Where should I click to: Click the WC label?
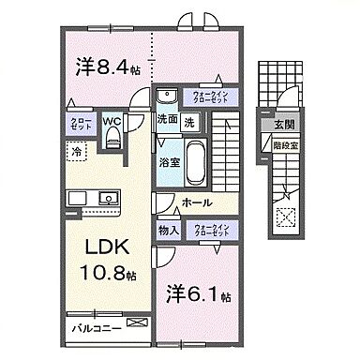click(112, 121)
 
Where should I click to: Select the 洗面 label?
click(167, 121)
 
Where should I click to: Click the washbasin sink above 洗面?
click(169, 97)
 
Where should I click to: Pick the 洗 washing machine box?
click(189, 121)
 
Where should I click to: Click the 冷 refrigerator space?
click(73, 150)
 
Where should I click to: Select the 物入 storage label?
click(168, 230)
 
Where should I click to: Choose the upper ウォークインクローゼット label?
click(216, 97)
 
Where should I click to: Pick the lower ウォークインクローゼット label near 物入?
click(216, 230)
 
